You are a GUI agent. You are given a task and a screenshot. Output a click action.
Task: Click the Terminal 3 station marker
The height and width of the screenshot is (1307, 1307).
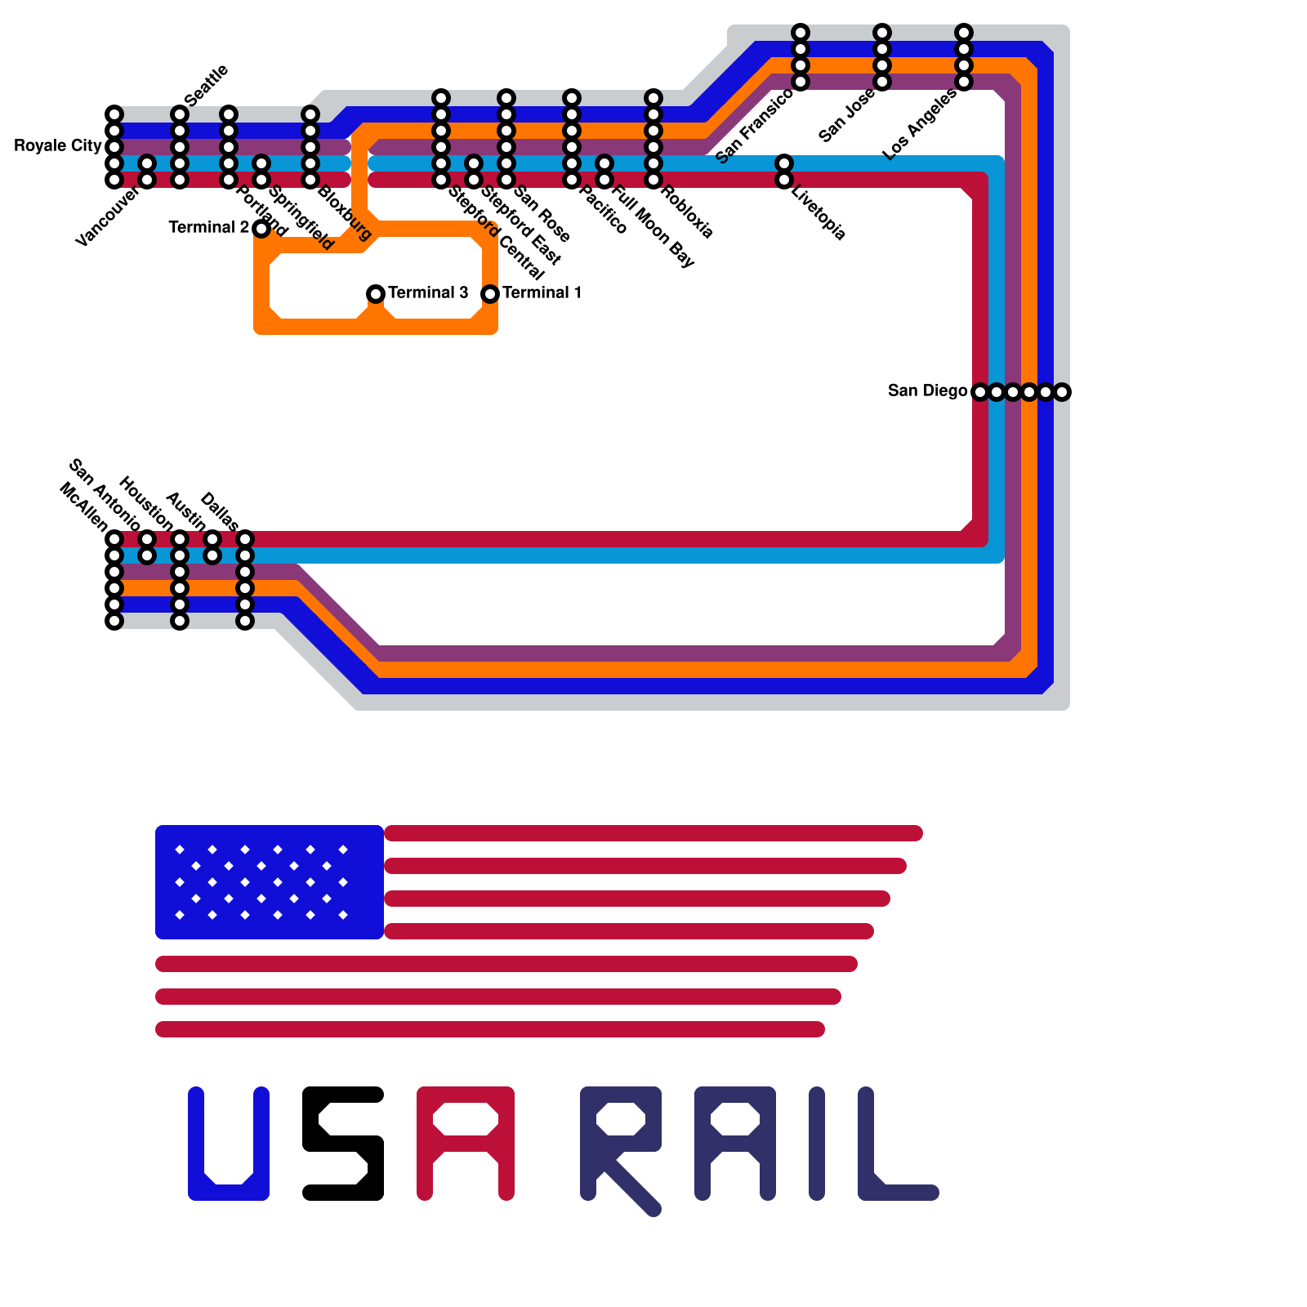376,293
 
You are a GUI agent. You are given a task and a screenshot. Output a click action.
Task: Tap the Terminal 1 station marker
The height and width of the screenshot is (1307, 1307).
490,293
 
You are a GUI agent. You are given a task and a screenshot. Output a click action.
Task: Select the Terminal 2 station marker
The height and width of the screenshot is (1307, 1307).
261,228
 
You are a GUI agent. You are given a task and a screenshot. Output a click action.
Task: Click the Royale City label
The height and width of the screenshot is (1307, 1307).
57,146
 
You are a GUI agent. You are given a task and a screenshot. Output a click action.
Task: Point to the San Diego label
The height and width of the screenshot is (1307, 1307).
927,391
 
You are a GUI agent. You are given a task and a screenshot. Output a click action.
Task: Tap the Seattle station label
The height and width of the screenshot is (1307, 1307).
206,85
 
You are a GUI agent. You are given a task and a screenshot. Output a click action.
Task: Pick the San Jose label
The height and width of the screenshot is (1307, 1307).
847,115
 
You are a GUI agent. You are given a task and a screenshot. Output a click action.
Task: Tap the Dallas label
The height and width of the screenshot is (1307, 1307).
219,511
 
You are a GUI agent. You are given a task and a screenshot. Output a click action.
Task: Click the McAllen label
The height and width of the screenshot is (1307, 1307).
83,506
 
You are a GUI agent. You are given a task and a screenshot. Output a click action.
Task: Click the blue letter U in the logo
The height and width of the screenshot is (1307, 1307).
229,1144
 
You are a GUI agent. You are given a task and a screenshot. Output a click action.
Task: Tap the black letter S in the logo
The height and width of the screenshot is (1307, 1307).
343,1144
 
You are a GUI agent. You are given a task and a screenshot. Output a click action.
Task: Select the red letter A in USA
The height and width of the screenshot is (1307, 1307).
466,1144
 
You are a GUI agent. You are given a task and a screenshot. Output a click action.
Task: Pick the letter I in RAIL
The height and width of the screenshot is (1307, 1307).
817,1144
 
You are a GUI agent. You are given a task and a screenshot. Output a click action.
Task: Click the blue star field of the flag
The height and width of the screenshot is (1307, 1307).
270,882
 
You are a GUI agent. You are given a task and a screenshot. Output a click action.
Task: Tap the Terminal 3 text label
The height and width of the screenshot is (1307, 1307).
428,292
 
